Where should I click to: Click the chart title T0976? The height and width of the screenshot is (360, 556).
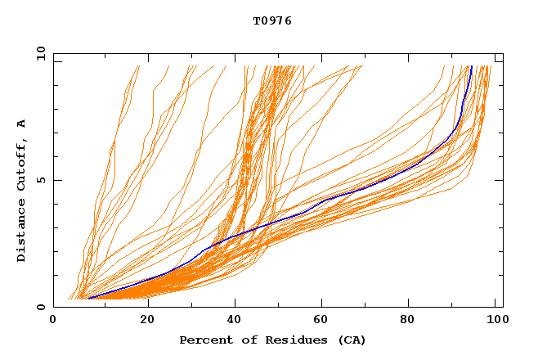[272, 21]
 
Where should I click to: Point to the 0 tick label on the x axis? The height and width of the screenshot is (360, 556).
[53, 321]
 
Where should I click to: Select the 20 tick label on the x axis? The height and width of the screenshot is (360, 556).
[147, 321]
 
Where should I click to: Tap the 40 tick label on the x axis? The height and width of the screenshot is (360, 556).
[235, 321]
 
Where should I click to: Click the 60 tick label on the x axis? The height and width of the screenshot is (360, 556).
[324, 321]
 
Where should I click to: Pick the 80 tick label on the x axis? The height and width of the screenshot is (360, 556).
[412, 321]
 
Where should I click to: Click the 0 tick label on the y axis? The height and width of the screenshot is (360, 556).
[41, 307]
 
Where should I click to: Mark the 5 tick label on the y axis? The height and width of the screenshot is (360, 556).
[41, 180]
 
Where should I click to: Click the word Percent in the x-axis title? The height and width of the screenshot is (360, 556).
[204, 340]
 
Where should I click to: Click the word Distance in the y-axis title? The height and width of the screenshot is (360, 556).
[22, 229]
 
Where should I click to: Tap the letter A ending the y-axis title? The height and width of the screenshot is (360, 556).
[22, 123]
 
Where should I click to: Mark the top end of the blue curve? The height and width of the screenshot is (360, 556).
[471, 66]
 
